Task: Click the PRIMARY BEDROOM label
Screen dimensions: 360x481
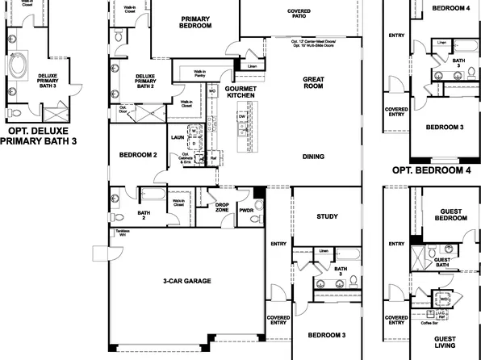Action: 195,23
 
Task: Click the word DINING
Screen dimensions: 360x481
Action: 313,157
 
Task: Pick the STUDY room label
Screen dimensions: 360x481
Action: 327,216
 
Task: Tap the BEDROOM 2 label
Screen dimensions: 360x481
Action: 137,155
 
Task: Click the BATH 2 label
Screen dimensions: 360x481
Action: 144,195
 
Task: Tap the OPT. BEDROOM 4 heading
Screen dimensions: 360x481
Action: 430,170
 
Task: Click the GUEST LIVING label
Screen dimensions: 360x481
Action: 445,343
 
